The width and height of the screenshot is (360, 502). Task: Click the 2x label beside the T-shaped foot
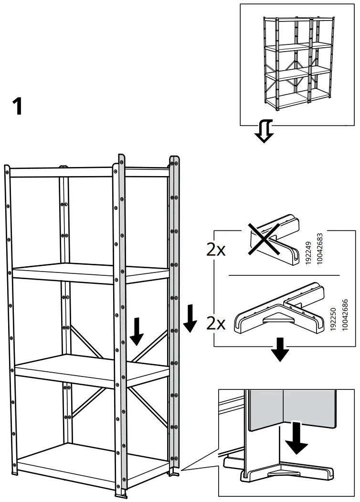[x=216, y=324]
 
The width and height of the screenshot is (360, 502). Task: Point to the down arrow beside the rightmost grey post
[x=190, y=319]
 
